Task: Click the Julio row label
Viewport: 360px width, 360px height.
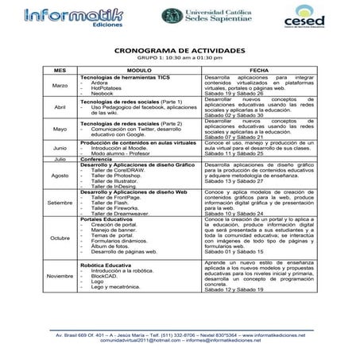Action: (x=37, y=158)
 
